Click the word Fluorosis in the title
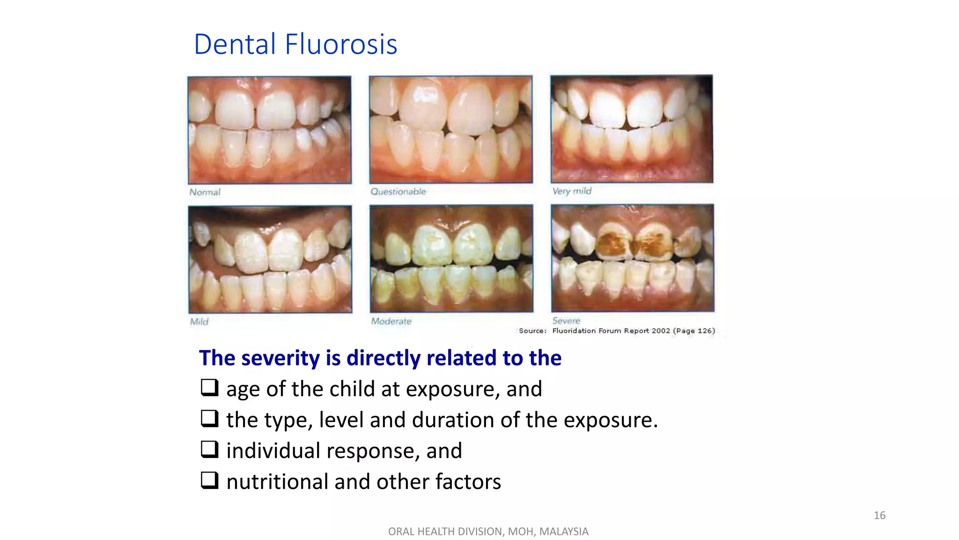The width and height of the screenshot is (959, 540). coord(341,45)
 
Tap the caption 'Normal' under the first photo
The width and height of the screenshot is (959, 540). coord(205,192)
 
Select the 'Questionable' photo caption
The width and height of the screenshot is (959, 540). coord(398,192)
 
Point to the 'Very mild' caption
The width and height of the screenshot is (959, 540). coord(572,191)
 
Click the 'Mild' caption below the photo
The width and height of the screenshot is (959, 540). coord(199,322)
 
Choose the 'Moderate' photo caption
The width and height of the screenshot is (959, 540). coord(391,322)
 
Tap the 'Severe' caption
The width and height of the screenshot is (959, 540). coord(566,321)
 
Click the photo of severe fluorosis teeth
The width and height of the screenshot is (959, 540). coord(633,258)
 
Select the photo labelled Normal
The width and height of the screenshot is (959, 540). coord(269,130)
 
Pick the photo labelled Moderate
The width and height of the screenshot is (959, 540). coord(451,258)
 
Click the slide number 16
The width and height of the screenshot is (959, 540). coord(879,516)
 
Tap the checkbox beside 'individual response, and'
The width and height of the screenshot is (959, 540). coord(209,450)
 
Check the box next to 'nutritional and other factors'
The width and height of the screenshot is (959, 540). coord(209,480)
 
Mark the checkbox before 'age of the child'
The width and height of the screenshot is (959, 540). coord(209,388)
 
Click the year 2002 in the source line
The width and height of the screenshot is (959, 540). coord(661,331)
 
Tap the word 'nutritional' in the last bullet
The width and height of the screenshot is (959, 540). coord(277,482)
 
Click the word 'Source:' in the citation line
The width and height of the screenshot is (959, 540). coord(532,331)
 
